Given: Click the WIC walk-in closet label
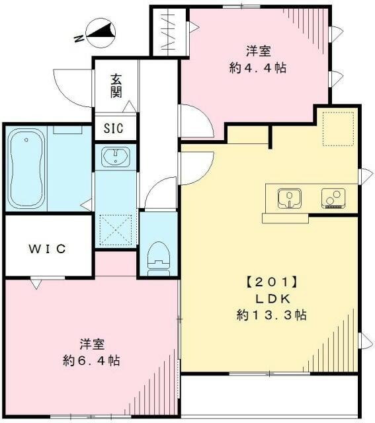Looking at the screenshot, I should click(47, 249).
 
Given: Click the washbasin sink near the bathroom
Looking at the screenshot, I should click(116, 157).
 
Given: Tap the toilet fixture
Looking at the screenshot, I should click(157, 254).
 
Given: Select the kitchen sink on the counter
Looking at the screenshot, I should click(289, 196).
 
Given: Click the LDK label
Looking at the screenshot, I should click(271, 298).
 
